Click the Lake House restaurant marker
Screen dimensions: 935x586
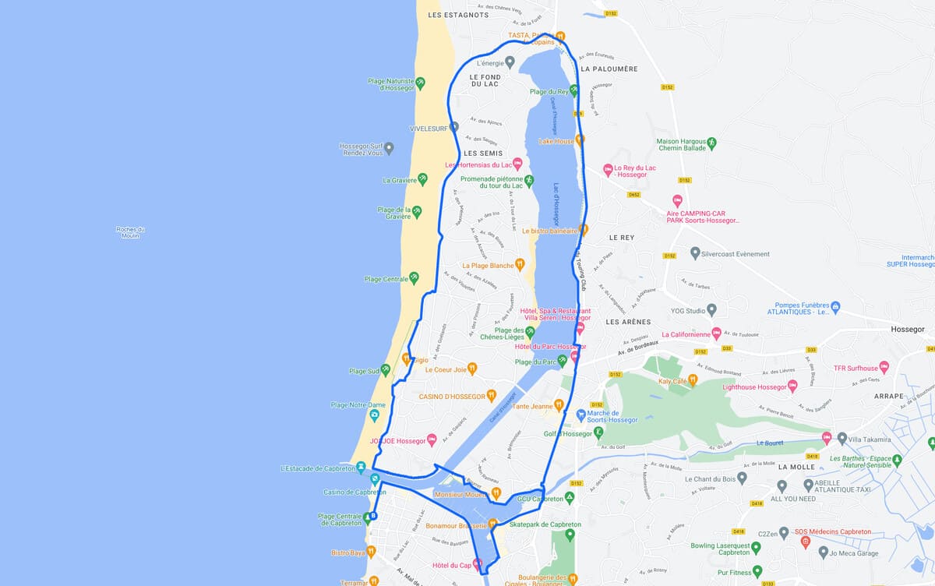pos(580,141)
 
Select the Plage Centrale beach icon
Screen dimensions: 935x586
pos(414,277)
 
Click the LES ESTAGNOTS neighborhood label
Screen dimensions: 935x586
pos(458,15)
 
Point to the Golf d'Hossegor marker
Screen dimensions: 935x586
pos(598,432)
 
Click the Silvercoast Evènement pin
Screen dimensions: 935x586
pos(695,254)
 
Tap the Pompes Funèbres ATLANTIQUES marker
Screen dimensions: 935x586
pos(835,306)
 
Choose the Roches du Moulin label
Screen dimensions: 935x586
pos(130,232)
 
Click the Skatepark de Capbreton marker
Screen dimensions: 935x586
pos(570,535)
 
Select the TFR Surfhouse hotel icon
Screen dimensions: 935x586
pos(884,368)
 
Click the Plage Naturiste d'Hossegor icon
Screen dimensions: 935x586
pos(420,82)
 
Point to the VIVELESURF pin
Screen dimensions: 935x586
pos(454,126)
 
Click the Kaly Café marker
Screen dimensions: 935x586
pos(693,380)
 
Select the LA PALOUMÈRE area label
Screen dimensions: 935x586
pos(609,69)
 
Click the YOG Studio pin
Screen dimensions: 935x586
pos(711,311)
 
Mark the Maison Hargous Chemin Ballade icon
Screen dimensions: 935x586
pos(711,143)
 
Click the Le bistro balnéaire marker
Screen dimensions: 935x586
pos(583,231)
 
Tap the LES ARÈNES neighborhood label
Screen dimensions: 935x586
pos(628,322)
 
